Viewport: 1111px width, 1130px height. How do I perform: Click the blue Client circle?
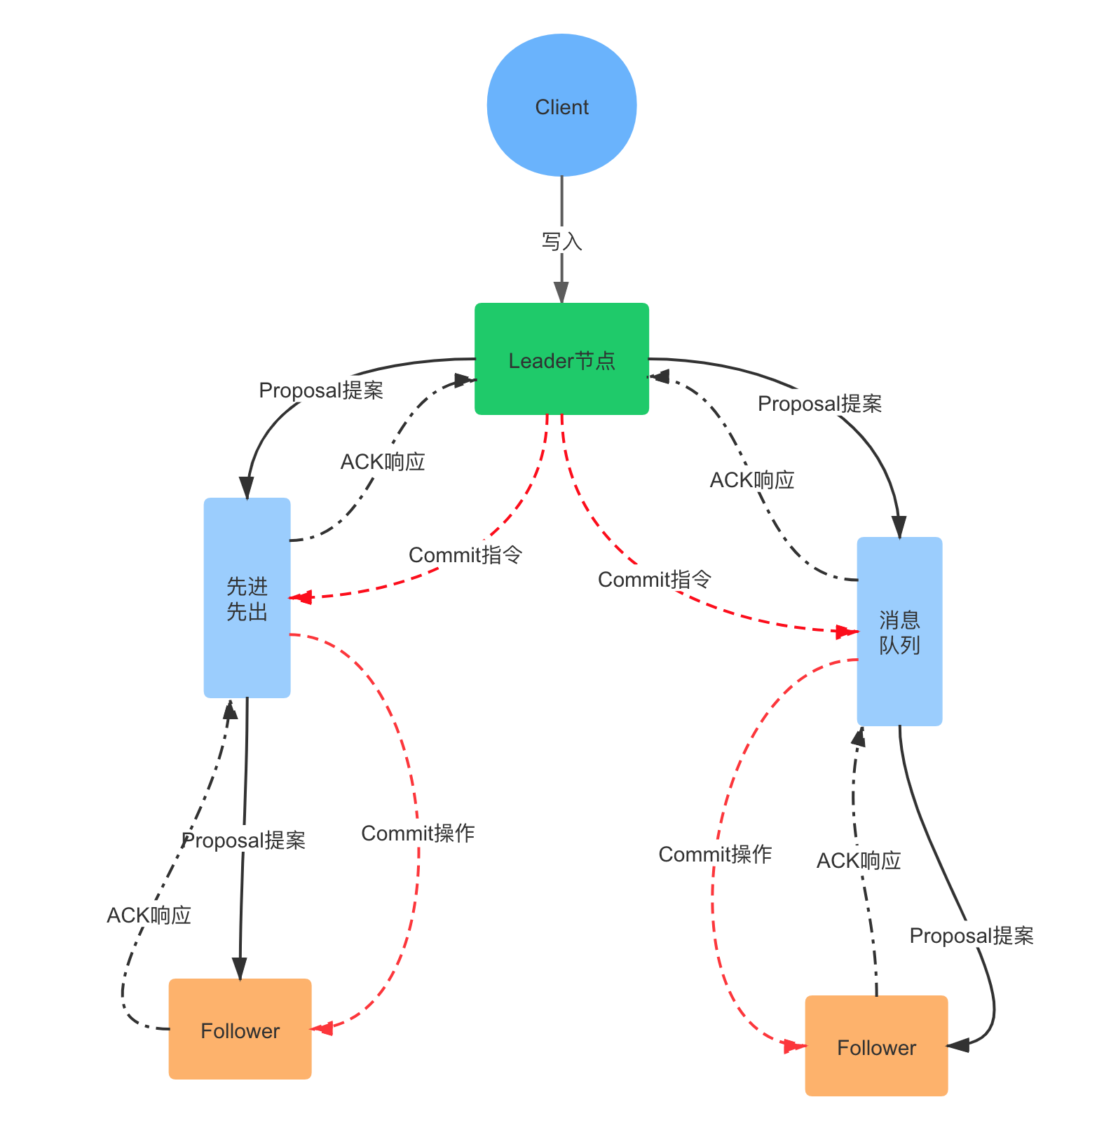point(561,106)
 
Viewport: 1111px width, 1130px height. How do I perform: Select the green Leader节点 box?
point(561,359)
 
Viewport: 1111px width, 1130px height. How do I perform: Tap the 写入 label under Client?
point(561,241)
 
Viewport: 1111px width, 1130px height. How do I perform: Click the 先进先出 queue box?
point(247,598)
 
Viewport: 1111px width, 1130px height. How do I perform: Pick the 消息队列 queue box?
point(899,632)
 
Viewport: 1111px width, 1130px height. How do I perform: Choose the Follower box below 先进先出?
point(240,1029)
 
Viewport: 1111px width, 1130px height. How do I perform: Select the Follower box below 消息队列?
point(876,1046)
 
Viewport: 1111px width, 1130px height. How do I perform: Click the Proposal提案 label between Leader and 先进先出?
point(321,390)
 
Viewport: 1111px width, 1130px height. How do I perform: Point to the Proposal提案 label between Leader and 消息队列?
point(820,404)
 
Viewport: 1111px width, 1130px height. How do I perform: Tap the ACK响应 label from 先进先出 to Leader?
point(383,461)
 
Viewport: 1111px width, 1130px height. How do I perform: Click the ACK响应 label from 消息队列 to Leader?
point(752,479)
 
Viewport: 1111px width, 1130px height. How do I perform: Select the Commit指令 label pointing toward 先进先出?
point(465,554)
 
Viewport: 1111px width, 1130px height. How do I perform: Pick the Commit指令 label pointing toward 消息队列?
point(655,579)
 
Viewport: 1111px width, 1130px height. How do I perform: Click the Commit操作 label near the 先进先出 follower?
point(418,833)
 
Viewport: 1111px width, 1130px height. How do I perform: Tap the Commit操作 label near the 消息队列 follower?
point(715,854)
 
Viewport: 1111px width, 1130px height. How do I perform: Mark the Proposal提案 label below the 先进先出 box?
point(244,839)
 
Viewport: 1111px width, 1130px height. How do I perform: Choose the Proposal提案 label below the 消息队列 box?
point(972,935)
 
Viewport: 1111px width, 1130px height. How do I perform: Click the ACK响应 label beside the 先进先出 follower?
point(149,915)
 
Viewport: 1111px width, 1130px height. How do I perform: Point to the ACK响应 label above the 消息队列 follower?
point(859,860)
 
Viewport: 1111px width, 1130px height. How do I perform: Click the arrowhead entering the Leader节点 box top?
point(561,293)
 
